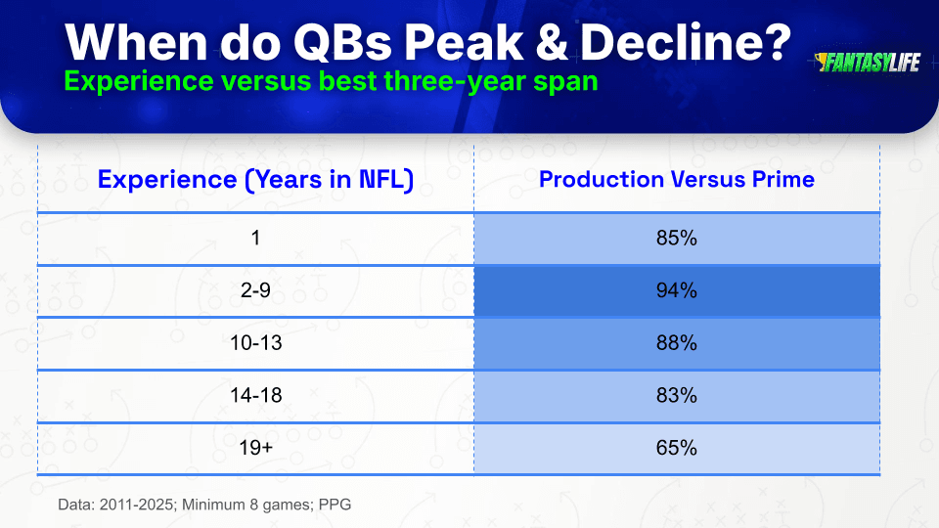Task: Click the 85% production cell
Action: click(x=677, y=239)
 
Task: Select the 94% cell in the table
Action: click(x=677, y=290)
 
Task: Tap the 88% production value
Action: click(x=677, y=343)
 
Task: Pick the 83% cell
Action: click(x=677, y=395)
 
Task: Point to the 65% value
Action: click(x=677, y=448)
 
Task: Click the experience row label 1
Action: click(x=255, y=239)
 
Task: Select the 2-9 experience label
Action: click(x=255, y=290)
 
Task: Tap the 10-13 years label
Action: click(x=255, y=343)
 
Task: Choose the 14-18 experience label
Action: click(x=255, y=395)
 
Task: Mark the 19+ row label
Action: click(x=255, y=448)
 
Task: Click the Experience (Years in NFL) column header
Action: click(x=255, y=180)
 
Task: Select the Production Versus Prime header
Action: click(x=677, y=179)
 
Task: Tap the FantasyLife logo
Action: click(x=868, y=63)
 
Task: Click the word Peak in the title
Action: click(x=464, y=42)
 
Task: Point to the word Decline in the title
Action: click(x=686, y=42)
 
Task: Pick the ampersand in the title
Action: click(x=552, y=42)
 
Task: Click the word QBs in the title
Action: click(x=342, y=43)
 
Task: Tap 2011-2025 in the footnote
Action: click(x=137, y=505)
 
